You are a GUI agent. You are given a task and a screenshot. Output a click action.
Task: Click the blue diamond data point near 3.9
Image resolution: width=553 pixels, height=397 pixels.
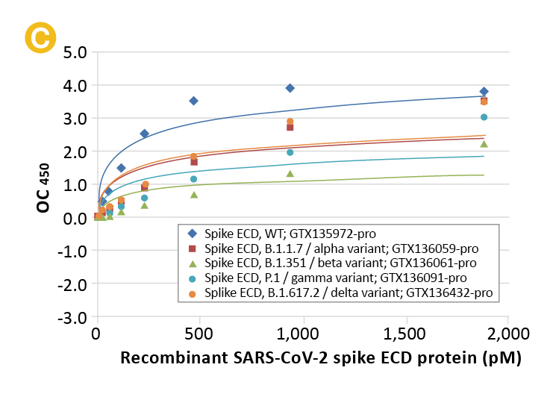[x=290, y=88]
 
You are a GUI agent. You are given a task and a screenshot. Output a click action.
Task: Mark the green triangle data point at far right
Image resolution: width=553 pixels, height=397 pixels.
[x=484, y=144]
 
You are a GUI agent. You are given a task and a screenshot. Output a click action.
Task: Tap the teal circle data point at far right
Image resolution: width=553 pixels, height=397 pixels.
[x=484, y=117]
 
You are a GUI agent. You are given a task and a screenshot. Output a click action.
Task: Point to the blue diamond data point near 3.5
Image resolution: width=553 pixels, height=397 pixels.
[x=193, y=101]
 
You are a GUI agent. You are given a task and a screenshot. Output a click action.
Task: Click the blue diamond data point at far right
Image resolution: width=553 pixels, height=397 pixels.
[x=484, y=91]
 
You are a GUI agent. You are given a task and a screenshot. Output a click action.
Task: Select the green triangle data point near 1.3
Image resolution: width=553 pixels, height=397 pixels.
[x=290, y=174]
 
